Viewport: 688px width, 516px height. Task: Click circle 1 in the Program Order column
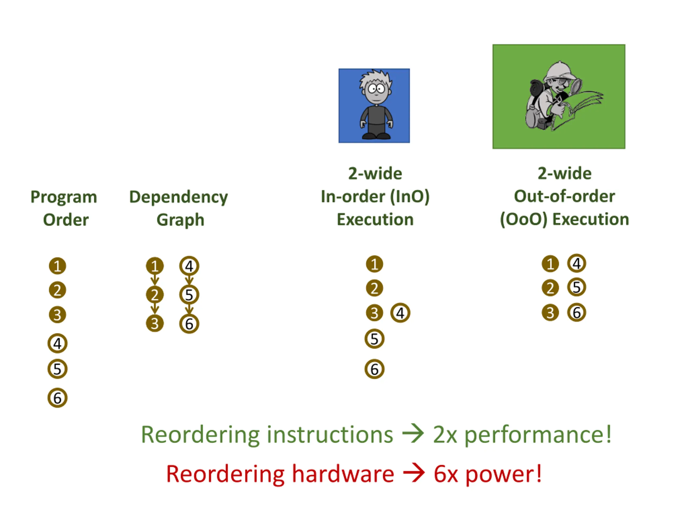pyautogui.click(x=58, y=266)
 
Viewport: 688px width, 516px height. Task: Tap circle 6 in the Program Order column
pyautogui.click(x=58, y=398)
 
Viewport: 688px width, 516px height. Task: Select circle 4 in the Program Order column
pyautogui.click(x=58, y=343)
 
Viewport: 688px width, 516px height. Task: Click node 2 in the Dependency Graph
pyautogui.click(x=155, y=295)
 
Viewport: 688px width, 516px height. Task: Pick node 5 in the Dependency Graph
pyautogui.click(x=189, y=295)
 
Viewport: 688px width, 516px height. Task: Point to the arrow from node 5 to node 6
pyautogui.click(x=189, y=309)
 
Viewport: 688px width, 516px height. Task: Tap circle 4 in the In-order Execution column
pyautogui.click(x=400, y=313)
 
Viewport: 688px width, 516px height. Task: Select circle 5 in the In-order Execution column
pyautogui.click(x=374, y=339)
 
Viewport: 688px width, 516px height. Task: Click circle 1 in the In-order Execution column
pyautogui.click(x=374, y=264)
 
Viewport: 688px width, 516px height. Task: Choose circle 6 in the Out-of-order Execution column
pyautogui.click(x=577, y=313)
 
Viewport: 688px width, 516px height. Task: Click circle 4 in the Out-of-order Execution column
pyautogui.click(x=577, y=263)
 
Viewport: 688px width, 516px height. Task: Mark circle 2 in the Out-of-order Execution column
pyautogui.click(x=550, y=288)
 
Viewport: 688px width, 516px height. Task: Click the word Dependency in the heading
pyautogui.click(x=178, y=197)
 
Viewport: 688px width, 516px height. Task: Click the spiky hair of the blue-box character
pyautogui.click(x=376, y=77)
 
